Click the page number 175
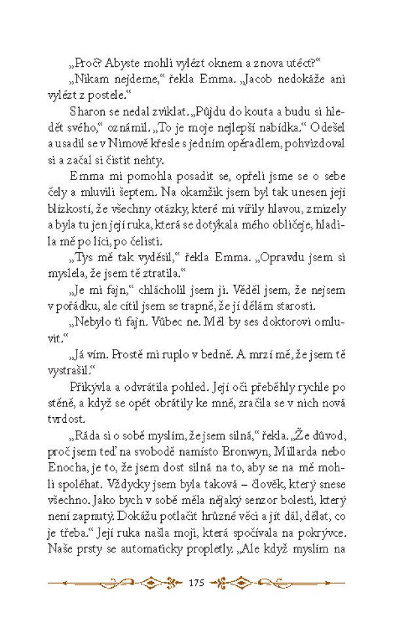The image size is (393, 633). [196, 582]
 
